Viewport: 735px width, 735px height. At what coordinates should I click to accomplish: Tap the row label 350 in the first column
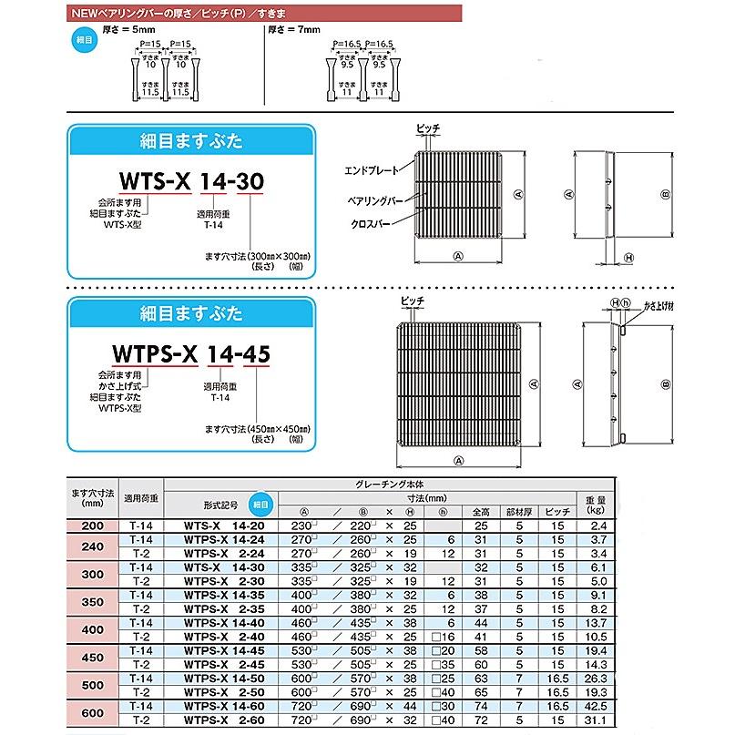(x=93, y=603)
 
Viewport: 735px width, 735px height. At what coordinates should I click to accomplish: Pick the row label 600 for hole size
(x=93, y=712)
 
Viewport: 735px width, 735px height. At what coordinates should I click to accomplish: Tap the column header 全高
(x=482, y=512)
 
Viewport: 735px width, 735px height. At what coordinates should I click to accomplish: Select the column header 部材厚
(x=521, y=512)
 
